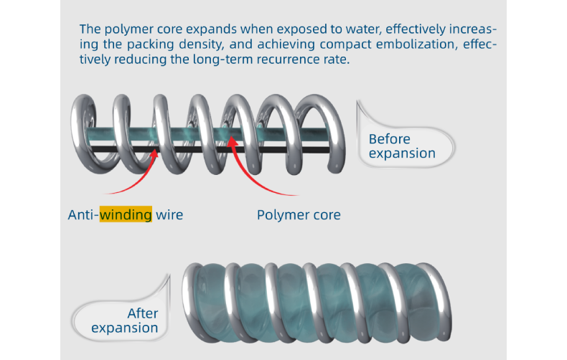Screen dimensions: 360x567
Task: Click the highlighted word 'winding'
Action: (x=126, y=214)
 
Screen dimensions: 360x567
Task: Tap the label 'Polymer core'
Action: (x=299, y=214)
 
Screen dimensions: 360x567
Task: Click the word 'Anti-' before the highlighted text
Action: (x=83, y=214)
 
